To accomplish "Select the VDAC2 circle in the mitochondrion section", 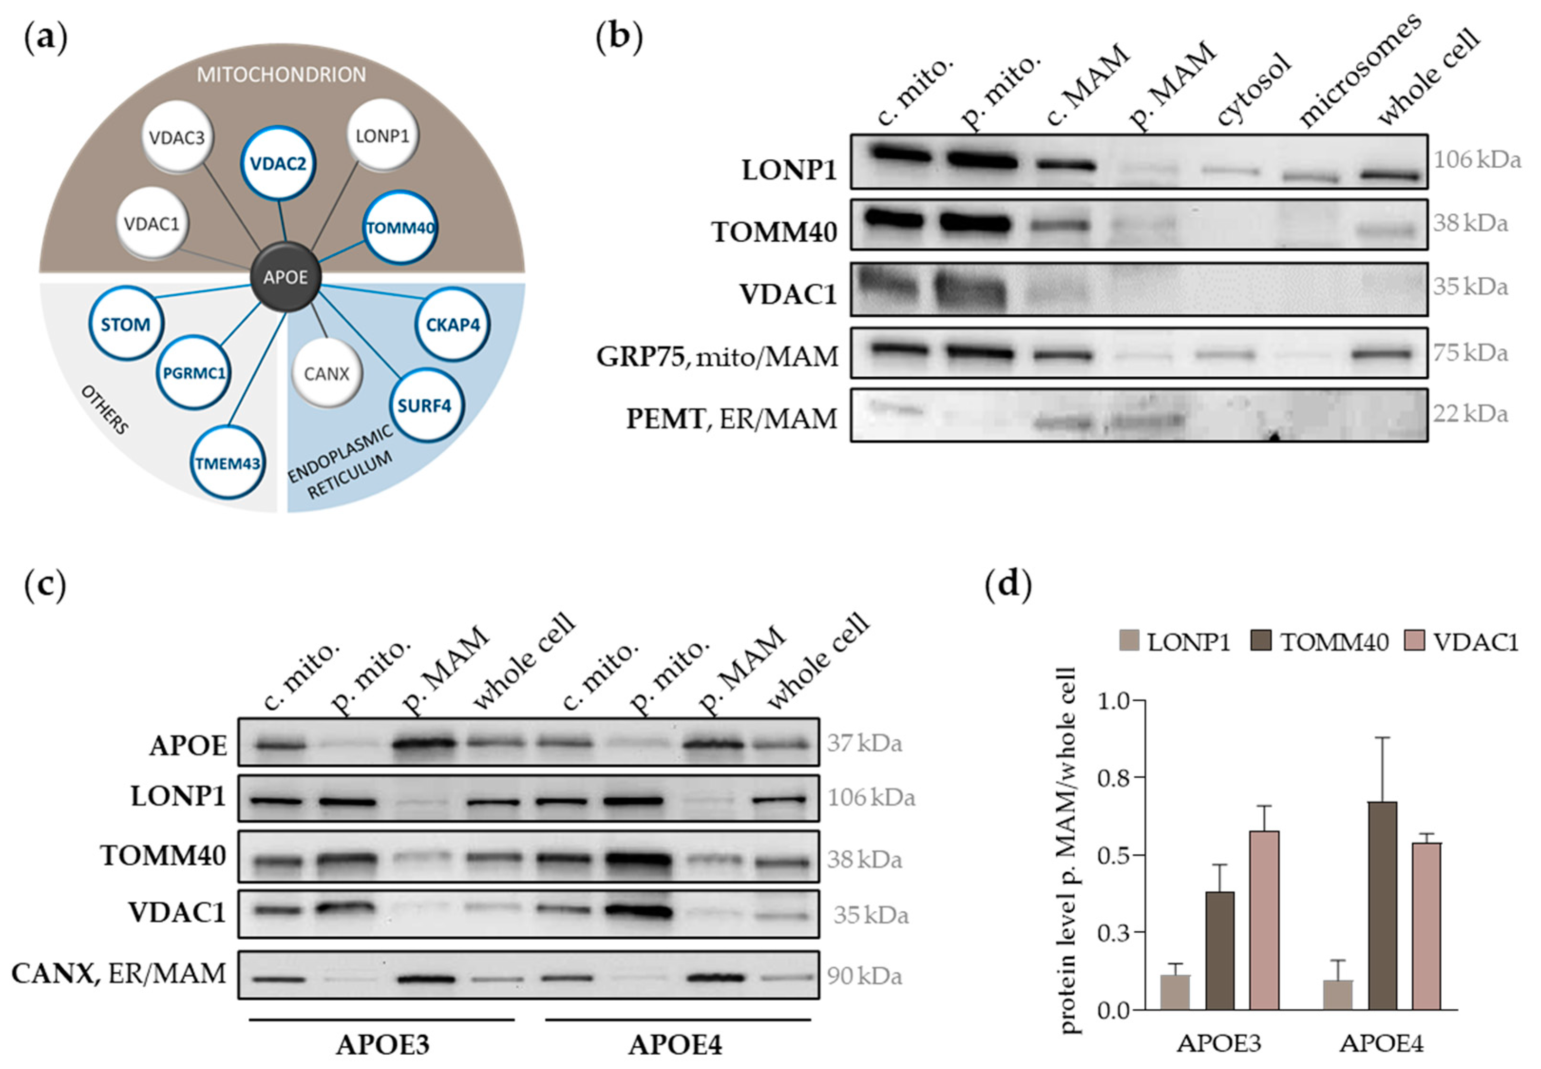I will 278,163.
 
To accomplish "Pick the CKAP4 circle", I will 453,325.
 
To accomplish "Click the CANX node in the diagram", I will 327,373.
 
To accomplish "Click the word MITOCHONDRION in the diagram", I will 281,74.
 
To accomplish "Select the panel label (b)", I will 619,37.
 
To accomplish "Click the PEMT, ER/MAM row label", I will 732,419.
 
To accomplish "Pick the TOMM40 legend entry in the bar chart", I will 1319,642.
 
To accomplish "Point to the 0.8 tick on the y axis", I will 1113,778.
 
